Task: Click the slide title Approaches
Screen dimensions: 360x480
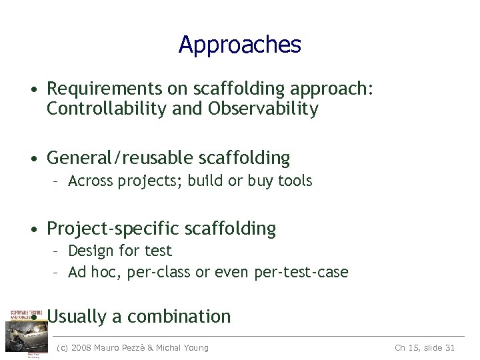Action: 240,45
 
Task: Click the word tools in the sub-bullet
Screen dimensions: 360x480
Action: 295,181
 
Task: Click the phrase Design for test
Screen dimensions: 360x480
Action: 120,251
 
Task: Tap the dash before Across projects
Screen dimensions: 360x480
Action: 58,181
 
